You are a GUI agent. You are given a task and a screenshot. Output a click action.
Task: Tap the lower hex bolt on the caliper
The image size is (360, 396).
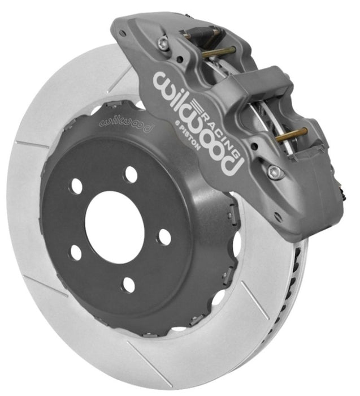(275, 171)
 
